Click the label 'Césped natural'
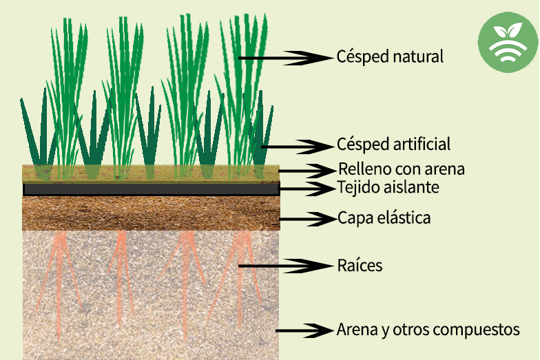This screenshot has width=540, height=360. coord(390,56)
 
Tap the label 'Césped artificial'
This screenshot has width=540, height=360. coord(393,144)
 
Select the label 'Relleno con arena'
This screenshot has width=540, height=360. coord(402,169)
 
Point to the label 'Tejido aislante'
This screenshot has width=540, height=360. coord(388,187)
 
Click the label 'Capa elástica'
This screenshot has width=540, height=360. coord(384,218)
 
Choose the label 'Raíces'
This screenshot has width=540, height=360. coord(360,266)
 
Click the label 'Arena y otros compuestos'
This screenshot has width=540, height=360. coord(428,329)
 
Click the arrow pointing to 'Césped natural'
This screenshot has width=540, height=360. coord(287,58)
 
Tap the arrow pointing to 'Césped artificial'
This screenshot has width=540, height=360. coord(298,147)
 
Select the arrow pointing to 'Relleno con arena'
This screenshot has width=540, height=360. coord(307,171)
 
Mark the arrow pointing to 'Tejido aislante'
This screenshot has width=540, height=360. coord(307,189)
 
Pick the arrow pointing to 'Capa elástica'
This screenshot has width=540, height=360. coord(307,219)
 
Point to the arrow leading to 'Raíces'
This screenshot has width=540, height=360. coord(287,266)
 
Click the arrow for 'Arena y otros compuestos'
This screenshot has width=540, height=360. coord(304,330)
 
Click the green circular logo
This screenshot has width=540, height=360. coord(508,43)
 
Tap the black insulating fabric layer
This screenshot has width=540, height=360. coord(152,189)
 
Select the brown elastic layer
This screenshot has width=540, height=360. coord(152,213)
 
